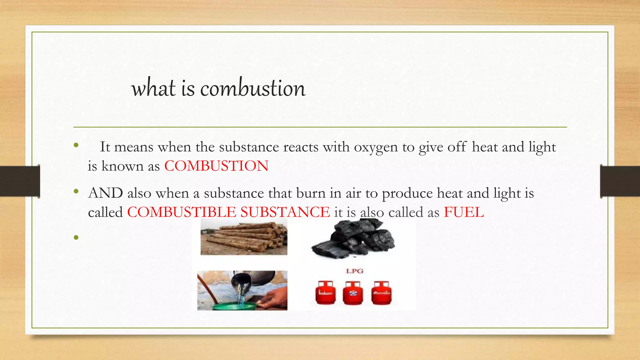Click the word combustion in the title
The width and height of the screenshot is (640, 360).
pos(252,88)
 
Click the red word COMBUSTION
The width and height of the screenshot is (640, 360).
pos(216,166)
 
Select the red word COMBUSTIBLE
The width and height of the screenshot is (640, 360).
pos(182,212)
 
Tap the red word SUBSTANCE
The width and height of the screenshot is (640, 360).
pos(285,212)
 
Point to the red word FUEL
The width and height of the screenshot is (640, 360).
pos(464,212)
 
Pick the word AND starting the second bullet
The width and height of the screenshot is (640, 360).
pos(105,193)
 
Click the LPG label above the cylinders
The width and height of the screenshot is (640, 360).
pos(354,271)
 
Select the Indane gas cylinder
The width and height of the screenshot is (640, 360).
pos(325,292)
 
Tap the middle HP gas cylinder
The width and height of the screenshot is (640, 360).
pos(352,292)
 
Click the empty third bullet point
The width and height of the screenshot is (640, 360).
pos(76,238)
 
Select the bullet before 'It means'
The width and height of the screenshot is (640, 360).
pos(76,145)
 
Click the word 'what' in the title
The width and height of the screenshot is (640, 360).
pos(153,88)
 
